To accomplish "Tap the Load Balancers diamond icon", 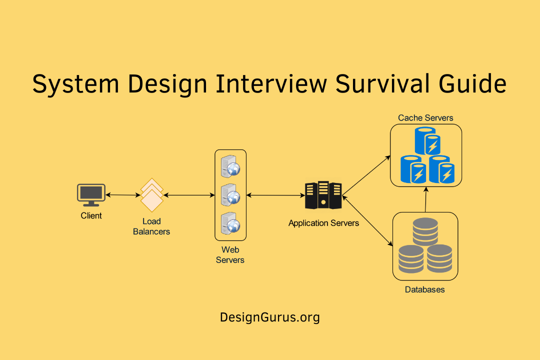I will click(152, 195).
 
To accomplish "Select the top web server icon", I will click(230, 166).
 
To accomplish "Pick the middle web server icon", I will click(230, 194).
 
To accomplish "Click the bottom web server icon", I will click(230, 223).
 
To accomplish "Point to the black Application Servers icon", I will click(323, 195).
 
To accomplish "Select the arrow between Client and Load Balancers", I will click(122, 195).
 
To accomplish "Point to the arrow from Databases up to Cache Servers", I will click(425, 199).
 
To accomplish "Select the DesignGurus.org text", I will click(269, 317).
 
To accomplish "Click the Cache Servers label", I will click(425, 118).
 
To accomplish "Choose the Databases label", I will click(424, 289).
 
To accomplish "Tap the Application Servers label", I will click(323, 223).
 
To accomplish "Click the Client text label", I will click(91, 216).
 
